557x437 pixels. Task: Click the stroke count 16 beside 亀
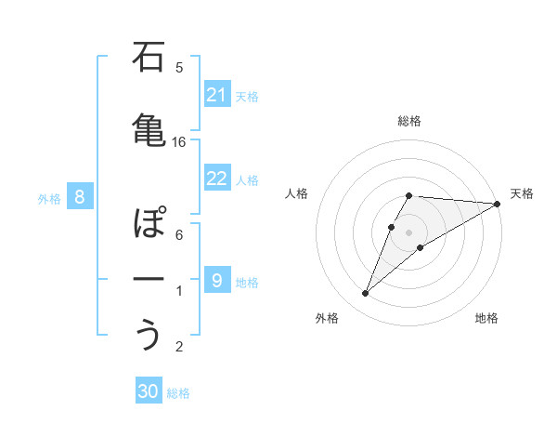(179, 141)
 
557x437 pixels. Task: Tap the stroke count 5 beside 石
(179, 67)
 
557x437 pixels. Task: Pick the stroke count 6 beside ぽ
(179, 234)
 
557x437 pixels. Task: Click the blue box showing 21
(217, 95)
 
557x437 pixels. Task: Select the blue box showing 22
(217, 179)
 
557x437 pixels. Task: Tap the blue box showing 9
(217, 281)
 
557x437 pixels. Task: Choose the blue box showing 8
(80, 197)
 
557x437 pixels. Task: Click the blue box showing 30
(149, 392)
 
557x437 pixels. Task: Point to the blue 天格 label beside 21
(247, 96)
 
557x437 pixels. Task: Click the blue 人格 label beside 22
(247, 179)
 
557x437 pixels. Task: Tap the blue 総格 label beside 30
(178, 393)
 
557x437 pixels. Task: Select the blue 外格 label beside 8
(49, 198)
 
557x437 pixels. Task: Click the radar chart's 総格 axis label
(409, 121)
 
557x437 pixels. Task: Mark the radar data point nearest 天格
(498, 204)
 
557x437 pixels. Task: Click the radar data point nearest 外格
(365, 294)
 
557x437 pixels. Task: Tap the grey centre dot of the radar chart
(409, 232)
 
